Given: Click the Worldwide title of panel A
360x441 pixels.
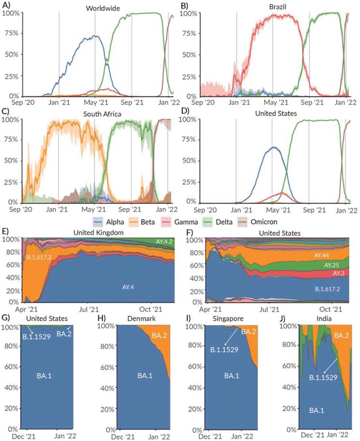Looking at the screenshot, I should tap(103, 8).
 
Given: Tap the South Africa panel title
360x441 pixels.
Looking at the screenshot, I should tap(103, 114).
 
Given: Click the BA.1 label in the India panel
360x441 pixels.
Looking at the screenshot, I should tap(316, 410).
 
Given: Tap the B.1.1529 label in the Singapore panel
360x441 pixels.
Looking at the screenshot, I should tap(224, 350).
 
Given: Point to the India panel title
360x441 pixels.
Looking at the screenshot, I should tap(324, 319).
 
